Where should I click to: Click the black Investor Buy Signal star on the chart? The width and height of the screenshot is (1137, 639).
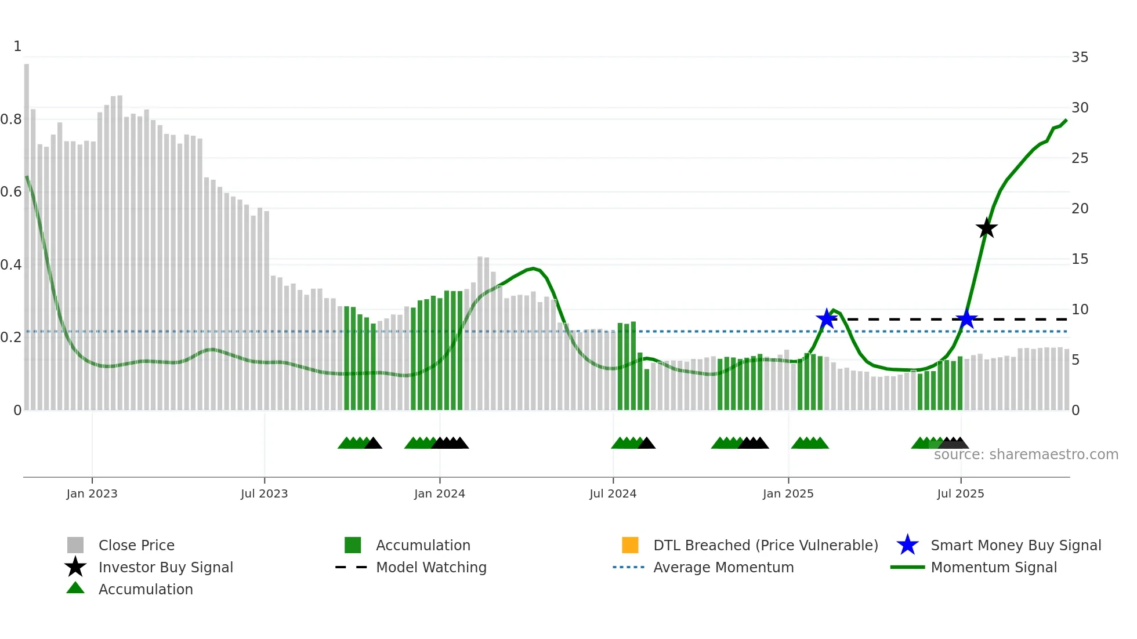point(986,228)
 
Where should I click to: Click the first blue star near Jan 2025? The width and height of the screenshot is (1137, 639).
point(826,318)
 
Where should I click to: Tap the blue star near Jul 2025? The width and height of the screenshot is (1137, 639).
point(966,319)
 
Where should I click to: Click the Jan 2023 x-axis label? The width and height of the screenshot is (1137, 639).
point(92,493)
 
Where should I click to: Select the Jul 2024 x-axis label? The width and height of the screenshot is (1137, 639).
point(613,493)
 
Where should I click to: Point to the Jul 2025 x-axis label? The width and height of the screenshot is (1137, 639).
point(960,493)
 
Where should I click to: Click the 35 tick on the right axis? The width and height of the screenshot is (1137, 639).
point(1080,57)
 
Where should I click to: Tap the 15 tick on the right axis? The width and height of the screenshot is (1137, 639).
point(1080,259)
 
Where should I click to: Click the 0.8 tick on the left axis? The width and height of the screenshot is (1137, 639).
point(11,119)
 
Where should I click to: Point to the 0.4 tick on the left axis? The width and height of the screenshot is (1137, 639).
point(11,265)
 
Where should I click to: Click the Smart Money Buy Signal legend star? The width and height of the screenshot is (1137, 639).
point(907,545)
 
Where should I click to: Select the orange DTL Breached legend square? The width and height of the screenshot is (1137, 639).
point(630,545)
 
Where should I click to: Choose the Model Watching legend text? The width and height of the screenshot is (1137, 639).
point(431,567)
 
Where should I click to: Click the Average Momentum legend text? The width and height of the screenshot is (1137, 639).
point(723,567)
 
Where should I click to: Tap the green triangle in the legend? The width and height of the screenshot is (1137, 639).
point(75,588)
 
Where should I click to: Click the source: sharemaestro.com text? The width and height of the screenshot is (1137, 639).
point(1026,455)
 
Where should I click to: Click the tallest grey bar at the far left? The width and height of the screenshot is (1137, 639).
point(27,232)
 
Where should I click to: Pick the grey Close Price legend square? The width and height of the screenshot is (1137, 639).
point(75,545)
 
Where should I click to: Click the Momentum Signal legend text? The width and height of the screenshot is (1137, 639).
point(994,567)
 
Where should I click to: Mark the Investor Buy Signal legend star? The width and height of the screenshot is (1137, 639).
point(75,567)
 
